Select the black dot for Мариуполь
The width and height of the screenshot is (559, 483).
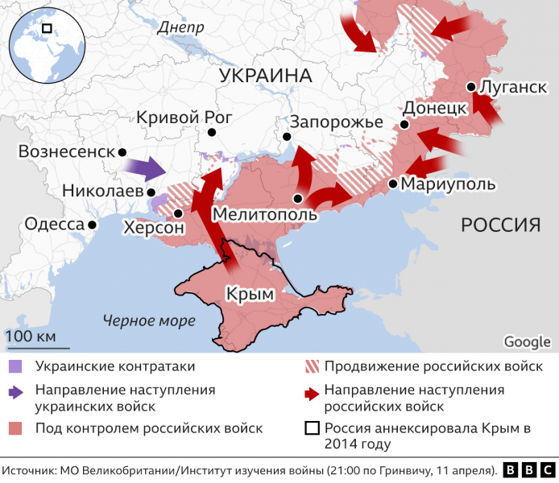click(x=392, y=184)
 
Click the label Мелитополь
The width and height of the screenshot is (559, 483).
click(x=265, y=214)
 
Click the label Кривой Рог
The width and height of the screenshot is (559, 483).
click(x=184, y=117)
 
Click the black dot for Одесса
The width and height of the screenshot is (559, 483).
click(x=93, y=225)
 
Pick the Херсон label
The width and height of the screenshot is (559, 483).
click(x=153, y=228)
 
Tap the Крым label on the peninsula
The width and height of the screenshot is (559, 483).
click(x=250, y=294)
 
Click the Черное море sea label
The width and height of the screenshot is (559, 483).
click(x=148, y=320)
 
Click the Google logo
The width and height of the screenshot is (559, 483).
click(x=527, y=341)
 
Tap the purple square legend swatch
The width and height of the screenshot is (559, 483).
click(x=14, y=366)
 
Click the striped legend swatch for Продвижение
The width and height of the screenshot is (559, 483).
click(x=310, y=366)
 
